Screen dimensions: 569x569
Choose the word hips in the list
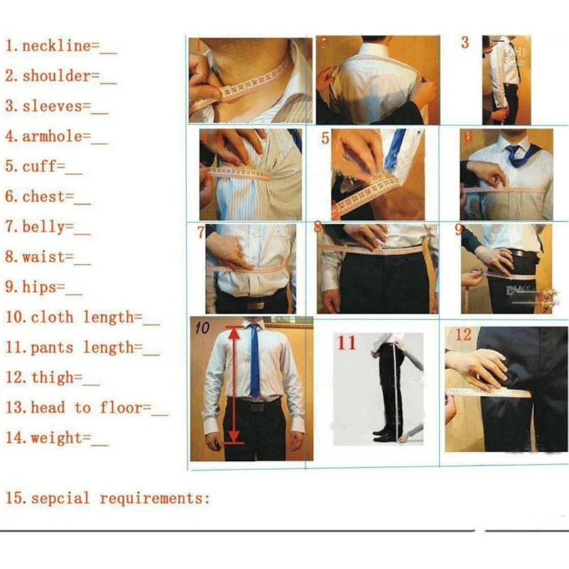coord(38,287)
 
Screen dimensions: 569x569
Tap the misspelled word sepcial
coord(60,498)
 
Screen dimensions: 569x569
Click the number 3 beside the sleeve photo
coord(464,43)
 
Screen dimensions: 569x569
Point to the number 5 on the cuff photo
coord(325,138)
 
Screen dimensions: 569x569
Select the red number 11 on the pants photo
coord(346,343)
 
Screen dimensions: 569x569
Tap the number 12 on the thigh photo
coord(463,334)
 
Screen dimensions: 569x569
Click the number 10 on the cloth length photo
coord(202,328)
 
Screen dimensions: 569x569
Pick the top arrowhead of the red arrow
coord(234,329)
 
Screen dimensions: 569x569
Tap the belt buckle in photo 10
coord(257,407)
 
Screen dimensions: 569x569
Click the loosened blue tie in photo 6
coord(514,156)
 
